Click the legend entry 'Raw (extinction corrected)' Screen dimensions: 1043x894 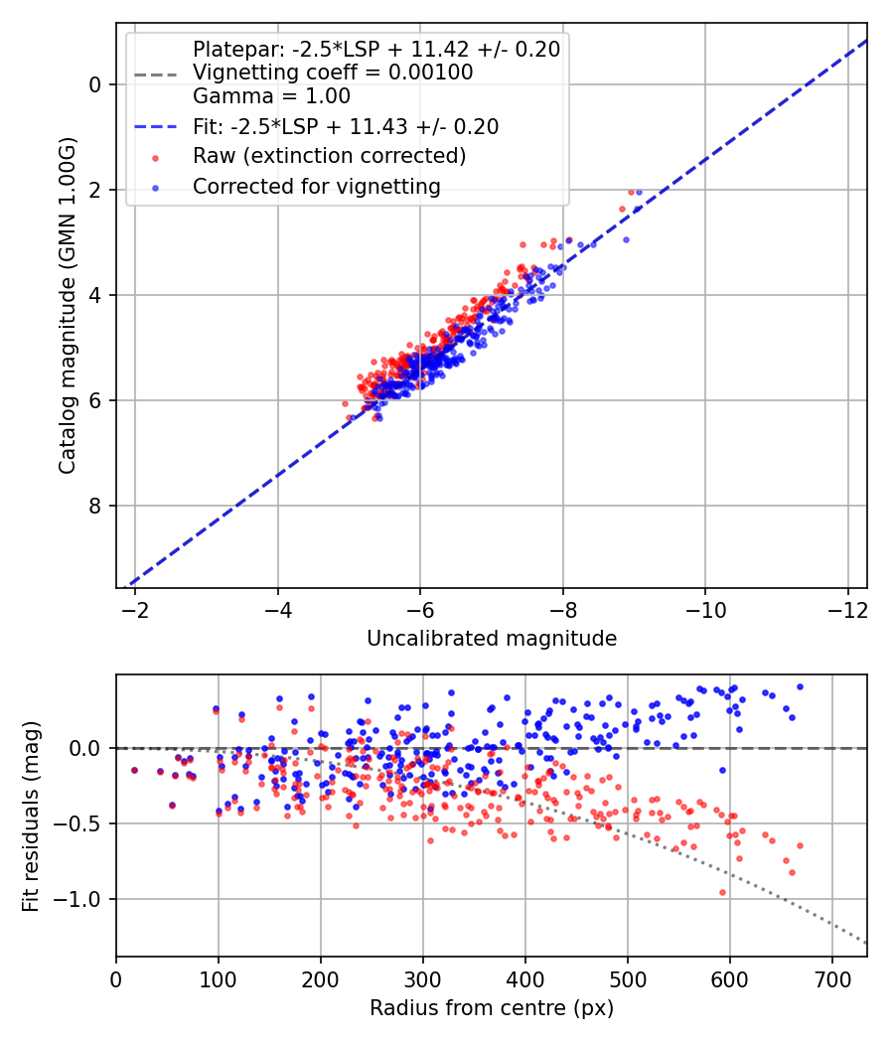329,156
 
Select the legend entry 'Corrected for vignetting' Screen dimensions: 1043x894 316,186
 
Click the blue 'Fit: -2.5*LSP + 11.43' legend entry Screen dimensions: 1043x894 346,127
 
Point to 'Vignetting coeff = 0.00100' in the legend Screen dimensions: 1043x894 333,73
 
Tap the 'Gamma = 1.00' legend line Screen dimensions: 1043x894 271,96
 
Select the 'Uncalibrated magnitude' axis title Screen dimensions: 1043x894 492,639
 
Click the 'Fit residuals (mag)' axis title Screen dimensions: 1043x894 31,816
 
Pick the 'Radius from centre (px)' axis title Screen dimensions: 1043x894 492,1008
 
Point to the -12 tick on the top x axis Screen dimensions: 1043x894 847,608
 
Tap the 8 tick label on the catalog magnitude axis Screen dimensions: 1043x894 96,506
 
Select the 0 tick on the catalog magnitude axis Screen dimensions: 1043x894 96,84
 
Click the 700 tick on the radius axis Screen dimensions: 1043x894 831,977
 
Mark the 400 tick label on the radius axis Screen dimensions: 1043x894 524,977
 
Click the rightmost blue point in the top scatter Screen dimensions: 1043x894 638,192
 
